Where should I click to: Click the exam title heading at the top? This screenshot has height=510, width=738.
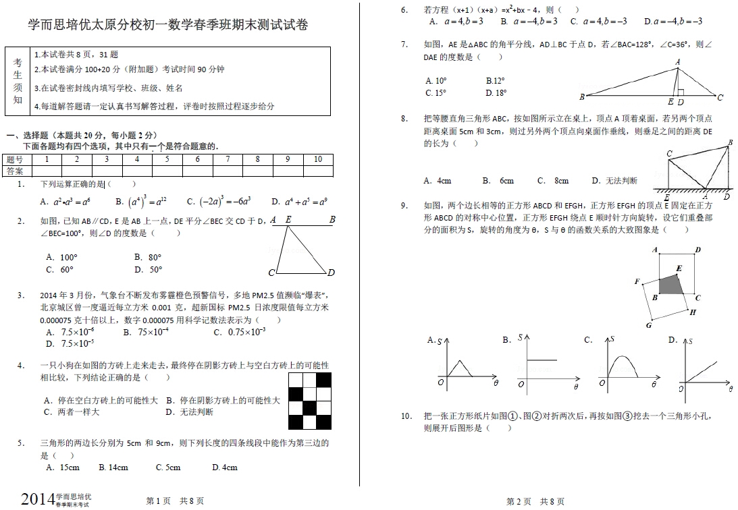[x=167, y=26]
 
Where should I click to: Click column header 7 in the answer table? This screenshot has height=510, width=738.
[x=228, y=159]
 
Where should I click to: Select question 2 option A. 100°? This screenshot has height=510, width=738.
[x=61, y=257]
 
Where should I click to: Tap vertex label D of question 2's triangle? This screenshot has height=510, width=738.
[x=331, y=273]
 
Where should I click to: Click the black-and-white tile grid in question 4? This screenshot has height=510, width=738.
[x=310, y=401]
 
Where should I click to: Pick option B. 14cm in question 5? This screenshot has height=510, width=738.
[x=113, y=467]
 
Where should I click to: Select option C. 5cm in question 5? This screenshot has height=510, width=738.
[x=167, y=467]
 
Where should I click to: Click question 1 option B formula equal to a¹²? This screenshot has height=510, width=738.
[x=140, y=201]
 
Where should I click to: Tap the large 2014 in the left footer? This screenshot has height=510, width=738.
[x=37, y=499]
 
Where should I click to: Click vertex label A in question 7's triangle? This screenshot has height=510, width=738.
[x=677, y=62]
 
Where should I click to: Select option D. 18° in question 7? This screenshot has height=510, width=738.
[x=496, y=93]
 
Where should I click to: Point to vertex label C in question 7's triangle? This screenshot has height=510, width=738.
[x=720, y=98]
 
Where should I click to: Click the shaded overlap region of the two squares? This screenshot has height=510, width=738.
[x=671, y=284]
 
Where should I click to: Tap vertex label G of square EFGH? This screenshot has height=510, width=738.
[x=648, y=325]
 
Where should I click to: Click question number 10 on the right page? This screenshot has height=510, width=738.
[x=406, y=416]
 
